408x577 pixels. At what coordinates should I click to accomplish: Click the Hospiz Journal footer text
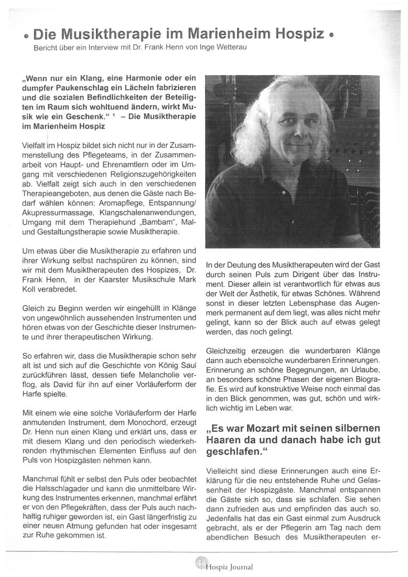[x=229, y=567]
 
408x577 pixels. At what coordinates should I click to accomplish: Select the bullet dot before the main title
[x=26, y=37]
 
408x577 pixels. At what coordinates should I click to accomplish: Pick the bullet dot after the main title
[x=332, y=37]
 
